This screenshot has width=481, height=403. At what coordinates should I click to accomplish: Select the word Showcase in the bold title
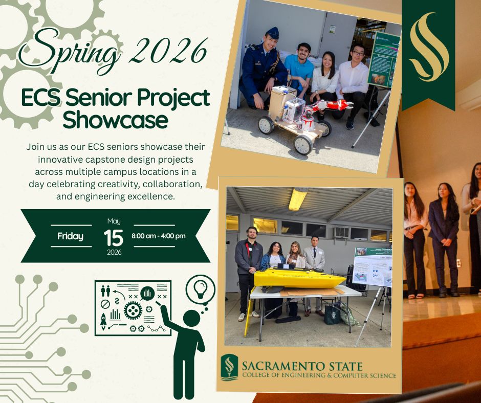coord(115,120)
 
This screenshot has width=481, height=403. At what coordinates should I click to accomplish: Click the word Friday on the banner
coord(70,236)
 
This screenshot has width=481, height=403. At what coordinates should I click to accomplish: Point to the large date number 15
coord(114,237)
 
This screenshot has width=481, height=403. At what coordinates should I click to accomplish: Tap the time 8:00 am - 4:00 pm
coord(159,236)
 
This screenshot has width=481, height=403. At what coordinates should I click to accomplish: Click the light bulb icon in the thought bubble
coord(199,289)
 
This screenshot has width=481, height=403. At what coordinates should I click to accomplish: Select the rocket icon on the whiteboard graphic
coord(103,321)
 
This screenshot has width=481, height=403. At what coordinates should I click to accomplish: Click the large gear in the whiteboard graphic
coord(133,310)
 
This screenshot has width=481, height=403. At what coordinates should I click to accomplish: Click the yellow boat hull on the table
coord(297,279)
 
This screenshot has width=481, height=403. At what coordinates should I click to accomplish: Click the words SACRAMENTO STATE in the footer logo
coord(302,366)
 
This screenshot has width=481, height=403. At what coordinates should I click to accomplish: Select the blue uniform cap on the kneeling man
coord(272,33)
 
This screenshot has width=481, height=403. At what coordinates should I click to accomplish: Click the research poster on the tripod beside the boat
coord(371,266)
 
